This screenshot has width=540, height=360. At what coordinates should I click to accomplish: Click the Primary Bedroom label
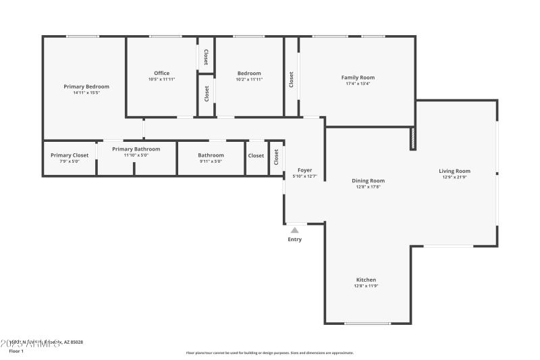click(x=86, y=86)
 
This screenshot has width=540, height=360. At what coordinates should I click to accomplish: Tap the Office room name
click(x=161, y=73)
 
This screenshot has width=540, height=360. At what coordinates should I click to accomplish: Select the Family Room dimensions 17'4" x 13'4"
click(x=358, y=84)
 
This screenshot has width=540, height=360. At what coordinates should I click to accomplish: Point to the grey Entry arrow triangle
click(x=294, y=230)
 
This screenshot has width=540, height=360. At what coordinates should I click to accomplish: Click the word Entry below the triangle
click(x=295, y=240)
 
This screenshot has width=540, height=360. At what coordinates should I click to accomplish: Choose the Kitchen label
click(x=366, y=280)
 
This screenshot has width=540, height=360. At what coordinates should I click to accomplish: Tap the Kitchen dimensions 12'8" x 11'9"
click(x=366, y=286)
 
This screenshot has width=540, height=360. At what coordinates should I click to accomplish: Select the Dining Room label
click(x=368, y=180)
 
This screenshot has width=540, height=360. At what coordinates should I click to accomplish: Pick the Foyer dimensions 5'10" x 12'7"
click(x=304, y=176)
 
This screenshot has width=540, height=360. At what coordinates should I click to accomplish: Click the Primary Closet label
click(x=70, y=155)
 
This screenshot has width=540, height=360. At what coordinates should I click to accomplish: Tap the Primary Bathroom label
click(x=136, y=149)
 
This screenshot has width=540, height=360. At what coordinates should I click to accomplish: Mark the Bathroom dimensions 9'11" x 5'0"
click(x=211, y=161)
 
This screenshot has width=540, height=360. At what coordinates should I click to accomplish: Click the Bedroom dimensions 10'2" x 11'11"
click(x=249, y=80)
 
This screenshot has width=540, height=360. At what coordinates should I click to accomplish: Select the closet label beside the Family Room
click(x=291, y=79)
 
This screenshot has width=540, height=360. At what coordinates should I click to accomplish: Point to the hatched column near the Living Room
click(x=412, y=138)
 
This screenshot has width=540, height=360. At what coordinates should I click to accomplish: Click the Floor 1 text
click(x=16, y=351)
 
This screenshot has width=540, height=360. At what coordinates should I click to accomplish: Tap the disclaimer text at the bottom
click(x=269, y=353)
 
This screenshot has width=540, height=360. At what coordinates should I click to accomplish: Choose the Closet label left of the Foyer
click(x=276, y=157)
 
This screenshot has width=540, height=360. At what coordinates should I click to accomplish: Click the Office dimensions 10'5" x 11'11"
click(x=161, y=80)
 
